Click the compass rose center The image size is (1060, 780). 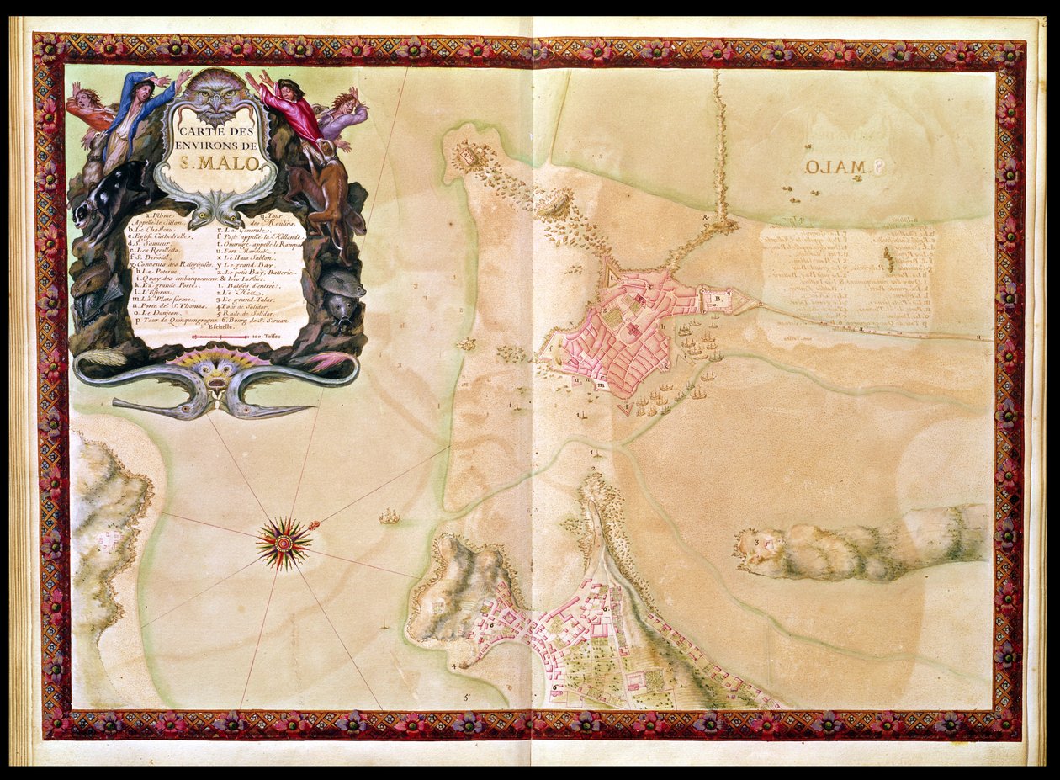pyautogui.click(x=284, y=544)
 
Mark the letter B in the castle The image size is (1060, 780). pyautogui.click(x=719, y=298)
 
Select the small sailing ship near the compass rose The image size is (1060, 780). pyautogui.click(x=389, y=516)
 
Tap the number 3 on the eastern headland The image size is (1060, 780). pyautogui.click(x=758, y=543)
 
